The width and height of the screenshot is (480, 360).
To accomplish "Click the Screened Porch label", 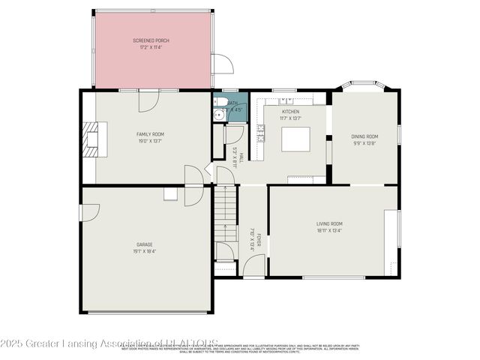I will coord(151,40).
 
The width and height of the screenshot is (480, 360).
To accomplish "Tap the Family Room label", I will coord(149,133).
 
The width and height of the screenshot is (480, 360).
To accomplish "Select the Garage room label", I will coord(145,244).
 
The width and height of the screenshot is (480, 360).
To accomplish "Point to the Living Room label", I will coord(329,223).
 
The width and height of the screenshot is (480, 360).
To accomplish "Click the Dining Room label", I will coord(364,136).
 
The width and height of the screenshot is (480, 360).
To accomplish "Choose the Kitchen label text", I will coord(290,112).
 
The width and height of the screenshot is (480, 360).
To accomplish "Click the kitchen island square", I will coord(295,139).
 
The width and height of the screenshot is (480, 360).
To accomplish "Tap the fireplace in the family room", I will coord(92,139).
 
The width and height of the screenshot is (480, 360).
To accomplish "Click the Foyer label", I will coord(259,240).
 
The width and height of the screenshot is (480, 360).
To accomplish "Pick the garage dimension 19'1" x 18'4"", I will coord(145,251).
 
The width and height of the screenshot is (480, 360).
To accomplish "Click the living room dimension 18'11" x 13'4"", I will coord(329,230).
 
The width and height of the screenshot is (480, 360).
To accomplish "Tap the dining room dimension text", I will coord(364,143).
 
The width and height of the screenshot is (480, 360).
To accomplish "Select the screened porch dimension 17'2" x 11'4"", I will coord(151,47).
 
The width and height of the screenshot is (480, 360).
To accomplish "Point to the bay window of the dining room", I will coord(364,86).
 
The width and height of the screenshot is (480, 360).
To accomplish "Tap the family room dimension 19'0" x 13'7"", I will coord(149,140).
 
